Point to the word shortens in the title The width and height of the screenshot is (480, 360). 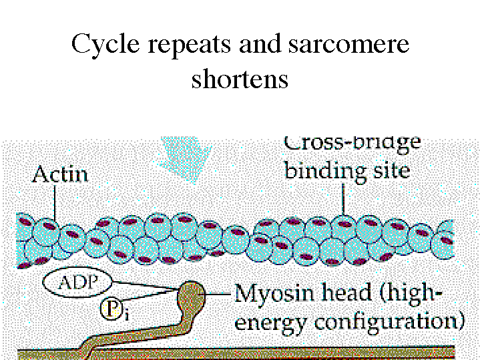(x=240, y=79)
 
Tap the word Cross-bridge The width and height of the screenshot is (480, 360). (x=352, y=142)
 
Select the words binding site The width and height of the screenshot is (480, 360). (x=346, y=171)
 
